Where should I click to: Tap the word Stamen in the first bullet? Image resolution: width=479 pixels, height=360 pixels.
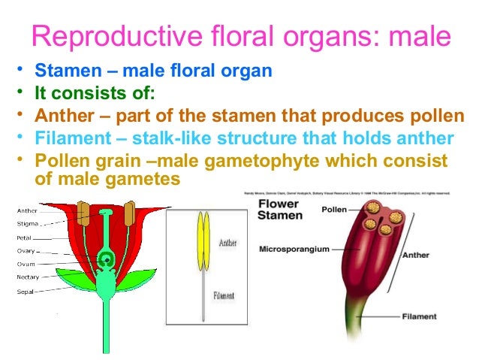tap(60, 72)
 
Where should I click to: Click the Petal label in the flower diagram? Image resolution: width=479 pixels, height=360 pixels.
tap(25, 237)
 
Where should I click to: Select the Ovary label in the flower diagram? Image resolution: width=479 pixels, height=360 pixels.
tap(26, 250)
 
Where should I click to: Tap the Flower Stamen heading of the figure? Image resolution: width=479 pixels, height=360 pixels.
tap(281, 209)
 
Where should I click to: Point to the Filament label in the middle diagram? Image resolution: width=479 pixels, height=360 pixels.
tap(227, 295)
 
